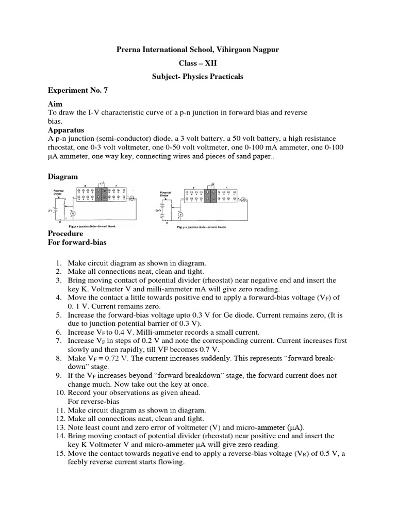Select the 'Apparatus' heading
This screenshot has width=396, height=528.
66,130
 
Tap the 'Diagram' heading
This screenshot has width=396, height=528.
63,176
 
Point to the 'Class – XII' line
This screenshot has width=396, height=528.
197,63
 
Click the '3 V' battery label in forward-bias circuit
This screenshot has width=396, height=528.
51,210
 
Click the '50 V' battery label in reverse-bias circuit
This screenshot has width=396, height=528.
158,211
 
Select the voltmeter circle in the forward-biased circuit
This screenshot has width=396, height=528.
73,213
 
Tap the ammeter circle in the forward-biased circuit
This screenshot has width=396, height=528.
131,198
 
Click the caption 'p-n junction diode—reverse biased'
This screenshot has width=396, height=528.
201,226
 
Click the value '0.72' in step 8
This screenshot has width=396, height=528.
107,357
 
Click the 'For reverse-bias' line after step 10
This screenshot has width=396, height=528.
93,401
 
